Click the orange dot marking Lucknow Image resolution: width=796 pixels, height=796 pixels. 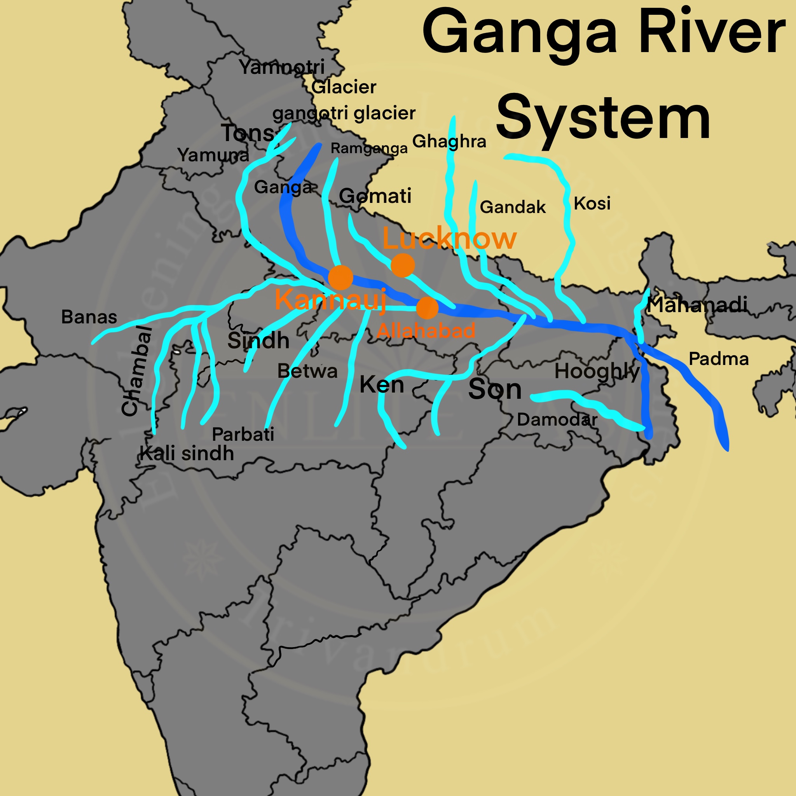click(403, 265)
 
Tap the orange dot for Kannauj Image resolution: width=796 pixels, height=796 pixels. click(341, 278)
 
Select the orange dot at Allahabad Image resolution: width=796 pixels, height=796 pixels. click(427, 308)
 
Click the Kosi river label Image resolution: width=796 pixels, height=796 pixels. click(592, 204)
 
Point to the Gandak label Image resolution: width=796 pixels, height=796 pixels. click(513, 207)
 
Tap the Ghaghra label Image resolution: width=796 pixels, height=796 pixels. click(449, 141)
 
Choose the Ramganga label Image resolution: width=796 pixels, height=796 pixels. click(369, 148)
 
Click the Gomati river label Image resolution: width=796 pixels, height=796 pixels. click(375, 196)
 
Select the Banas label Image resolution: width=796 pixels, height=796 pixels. click(89, 317)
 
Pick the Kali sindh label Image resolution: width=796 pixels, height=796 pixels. click(187, 454)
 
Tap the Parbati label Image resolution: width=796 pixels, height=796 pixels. click(243, 435)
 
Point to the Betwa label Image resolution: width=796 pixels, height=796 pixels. click(307, 371)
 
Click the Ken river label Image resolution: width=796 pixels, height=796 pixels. click(382, 385)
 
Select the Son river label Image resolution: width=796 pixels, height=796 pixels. click(495, 389)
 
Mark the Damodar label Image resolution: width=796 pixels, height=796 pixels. click(557, 420)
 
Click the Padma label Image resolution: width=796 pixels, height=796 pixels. click(719, 359)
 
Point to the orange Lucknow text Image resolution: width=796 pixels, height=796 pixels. click(450, 238)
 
